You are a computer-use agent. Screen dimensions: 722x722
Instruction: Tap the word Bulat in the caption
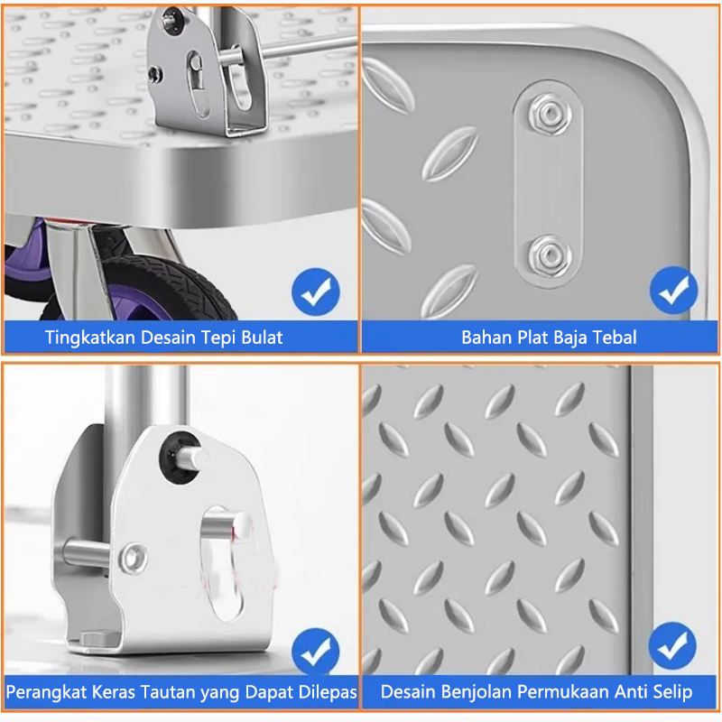(262, 338)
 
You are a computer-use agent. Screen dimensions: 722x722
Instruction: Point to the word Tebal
(615, 338)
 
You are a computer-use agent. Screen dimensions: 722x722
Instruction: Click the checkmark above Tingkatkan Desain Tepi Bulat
(315, 292)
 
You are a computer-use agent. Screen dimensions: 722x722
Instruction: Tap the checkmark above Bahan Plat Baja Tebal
(673, 290)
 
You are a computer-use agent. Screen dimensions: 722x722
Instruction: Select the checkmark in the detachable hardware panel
(315, 652)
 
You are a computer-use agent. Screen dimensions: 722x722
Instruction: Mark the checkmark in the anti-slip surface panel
(672, 646)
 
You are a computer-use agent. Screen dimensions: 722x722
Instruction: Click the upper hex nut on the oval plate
(550, 114)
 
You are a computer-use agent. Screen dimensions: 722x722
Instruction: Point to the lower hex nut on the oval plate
(550, 256)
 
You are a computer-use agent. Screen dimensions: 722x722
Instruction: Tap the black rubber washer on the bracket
(180, 458)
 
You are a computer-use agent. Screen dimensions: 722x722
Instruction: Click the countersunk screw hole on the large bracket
(133, 558)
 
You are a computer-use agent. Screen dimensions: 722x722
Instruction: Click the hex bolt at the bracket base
(99, 639)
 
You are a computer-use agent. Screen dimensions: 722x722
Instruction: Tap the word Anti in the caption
(631, 692)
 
